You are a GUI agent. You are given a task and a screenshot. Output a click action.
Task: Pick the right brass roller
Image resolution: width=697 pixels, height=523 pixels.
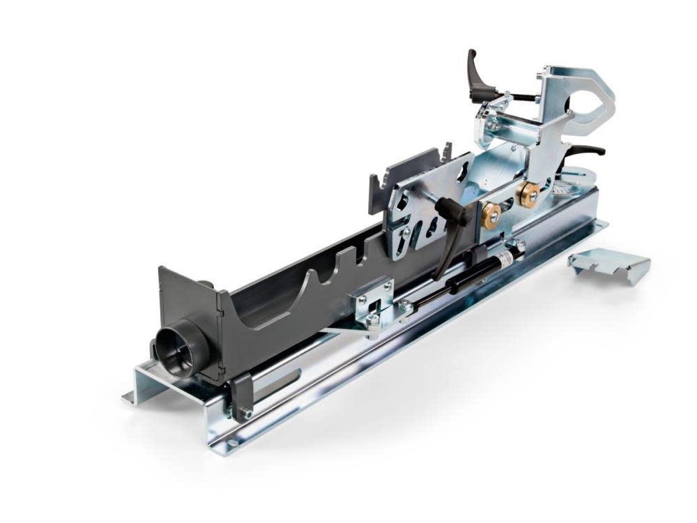click(x=529, y=195)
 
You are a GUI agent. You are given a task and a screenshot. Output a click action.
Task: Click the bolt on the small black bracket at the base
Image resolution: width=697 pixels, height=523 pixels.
click(x=245, y=414)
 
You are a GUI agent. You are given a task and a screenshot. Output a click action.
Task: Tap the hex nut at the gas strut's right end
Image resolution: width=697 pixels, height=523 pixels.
click(x=519, y=245)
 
